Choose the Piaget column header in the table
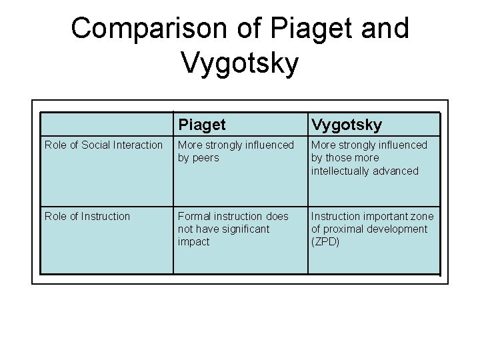pyautogui.click(x=201, y=125)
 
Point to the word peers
pyautogui.click(x=205, y=158)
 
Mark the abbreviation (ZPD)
pyautogui.click(x=325, y=241)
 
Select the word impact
pyautogui.click(x=193, y=241)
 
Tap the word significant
pyautogui.click(x=244, y=229)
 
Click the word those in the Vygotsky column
pyautogui.click(x=339, y=158)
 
